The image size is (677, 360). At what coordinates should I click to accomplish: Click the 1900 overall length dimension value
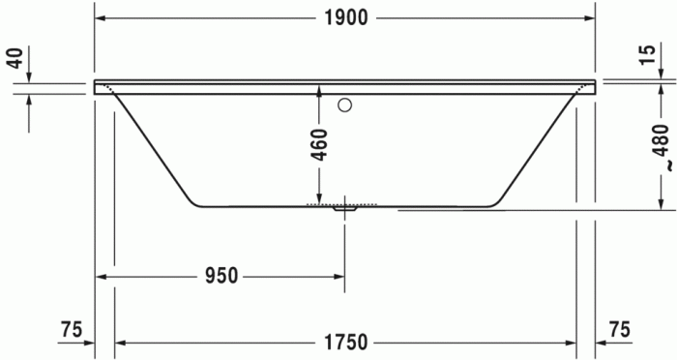point(345,19)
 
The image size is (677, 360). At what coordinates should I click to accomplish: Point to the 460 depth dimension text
point(319,144)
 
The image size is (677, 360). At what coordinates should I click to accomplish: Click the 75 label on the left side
point(70,329)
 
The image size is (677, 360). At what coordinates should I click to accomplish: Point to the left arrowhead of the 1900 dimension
point(101,19)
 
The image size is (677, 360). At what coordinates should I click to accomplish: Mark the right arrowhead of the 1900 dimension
point(589,19)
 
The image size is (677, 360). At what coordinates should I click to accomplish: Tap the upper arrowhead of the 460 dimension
point(319,91)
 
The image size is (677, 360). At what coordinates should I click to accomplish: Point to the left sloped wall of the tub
point(155,150)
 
